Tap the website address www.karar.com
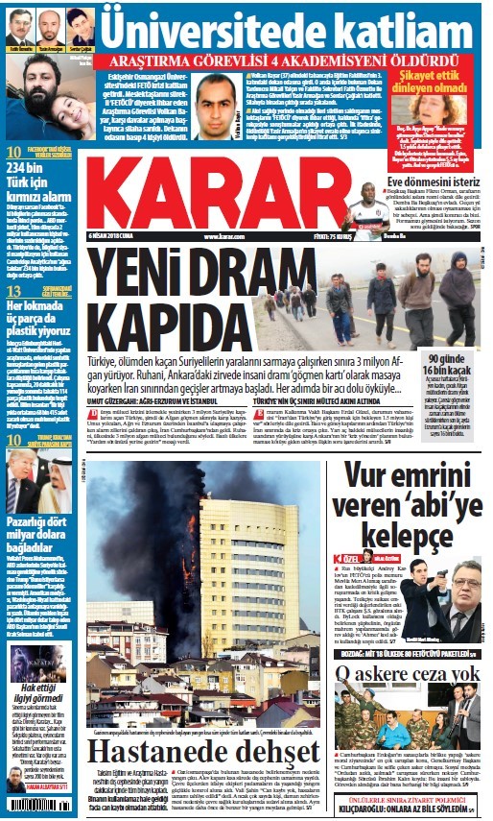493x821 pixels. point(223,236)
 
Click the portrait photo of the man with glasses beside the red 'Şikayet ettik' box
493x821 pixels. point(217,105)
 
